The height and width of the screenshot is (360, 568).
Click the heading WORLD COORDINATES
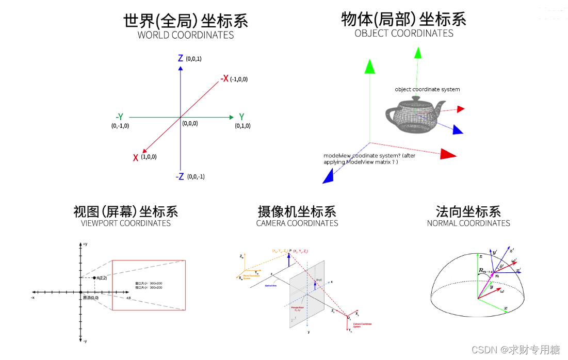[186, 36]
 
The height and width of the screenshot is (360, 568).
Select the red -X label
[224, 78]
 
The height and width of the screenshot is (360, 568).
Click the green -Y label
[119, 117]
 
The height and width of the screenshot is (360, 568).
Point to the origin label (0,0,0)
[189, 123]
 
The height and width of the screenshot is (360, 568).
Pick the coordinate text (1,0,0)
[149, 156]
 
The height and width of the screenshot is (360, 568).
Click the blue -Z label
[180, 176]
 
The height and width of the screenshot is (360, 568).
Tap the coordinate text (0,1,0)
[242, 126]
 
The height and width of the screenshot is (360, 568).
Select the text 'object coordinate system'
[427, 89]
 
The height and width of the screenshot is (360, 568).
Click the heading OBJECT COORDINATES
[404, 33]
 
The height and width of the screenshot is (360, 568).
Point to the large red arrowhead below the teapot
[448, 154]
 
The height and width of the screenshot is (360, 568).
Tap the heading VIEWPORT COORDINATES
[126, 223]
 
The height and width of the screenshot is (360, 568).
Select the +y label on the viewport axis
[85, 243]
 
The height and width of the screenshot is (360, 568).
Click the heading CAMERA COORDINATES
[297, 223]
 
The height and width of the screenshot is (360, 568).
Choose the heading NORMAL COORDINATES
[468, 223]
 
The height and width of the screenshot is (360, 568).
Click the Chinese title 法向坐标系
[468, 211]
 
